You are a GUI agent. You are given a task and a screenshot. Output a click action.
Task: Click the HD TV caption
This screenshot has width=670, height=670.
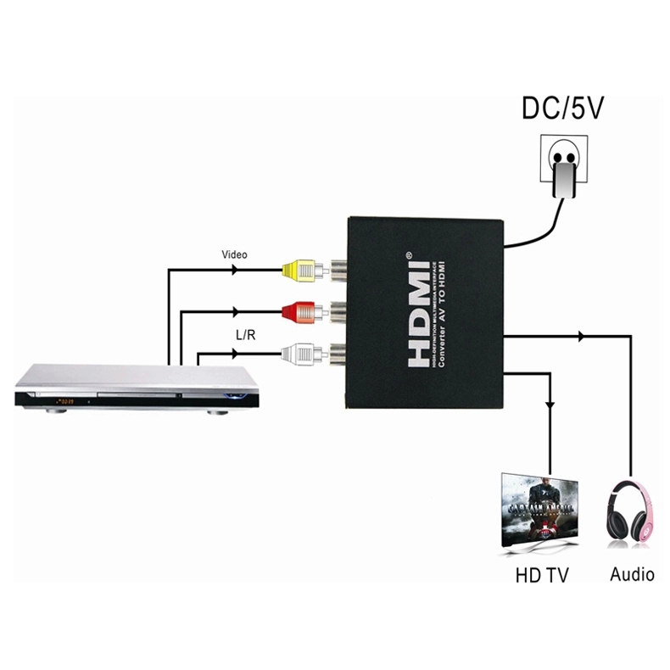[542, 576]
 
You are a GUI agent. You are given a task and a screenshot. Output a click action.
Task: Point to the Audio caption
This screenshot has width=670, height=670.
[632, 575]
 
